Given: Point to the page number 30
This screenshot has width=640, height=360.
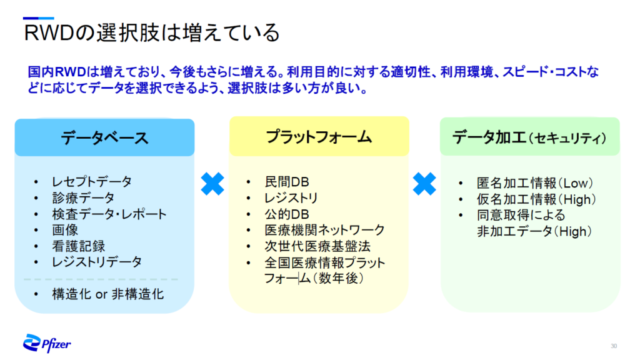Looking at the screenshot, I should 614,346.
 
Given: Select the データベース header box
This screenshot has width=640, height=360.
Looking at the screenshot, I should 104,137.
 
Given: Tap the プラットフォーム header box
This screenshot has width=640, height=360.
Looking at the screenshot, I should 319,136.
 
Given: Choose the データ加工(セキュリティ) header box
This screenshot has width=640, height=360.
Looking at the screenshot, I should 529,137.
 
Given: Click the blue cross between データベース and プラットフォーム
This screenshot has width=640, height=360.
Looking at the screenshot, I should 212,184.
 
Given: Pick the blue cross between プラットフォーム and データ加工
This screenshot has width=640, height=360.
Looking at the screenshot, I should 424,184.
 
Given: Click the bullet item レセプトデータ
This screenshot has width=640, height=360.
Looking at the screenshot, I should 92,182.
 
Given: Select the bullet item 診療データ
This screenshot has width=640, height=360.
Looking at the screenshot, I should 83,198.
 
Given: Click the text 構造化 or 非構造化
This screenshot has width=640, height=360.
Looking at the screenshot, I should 108,294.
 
